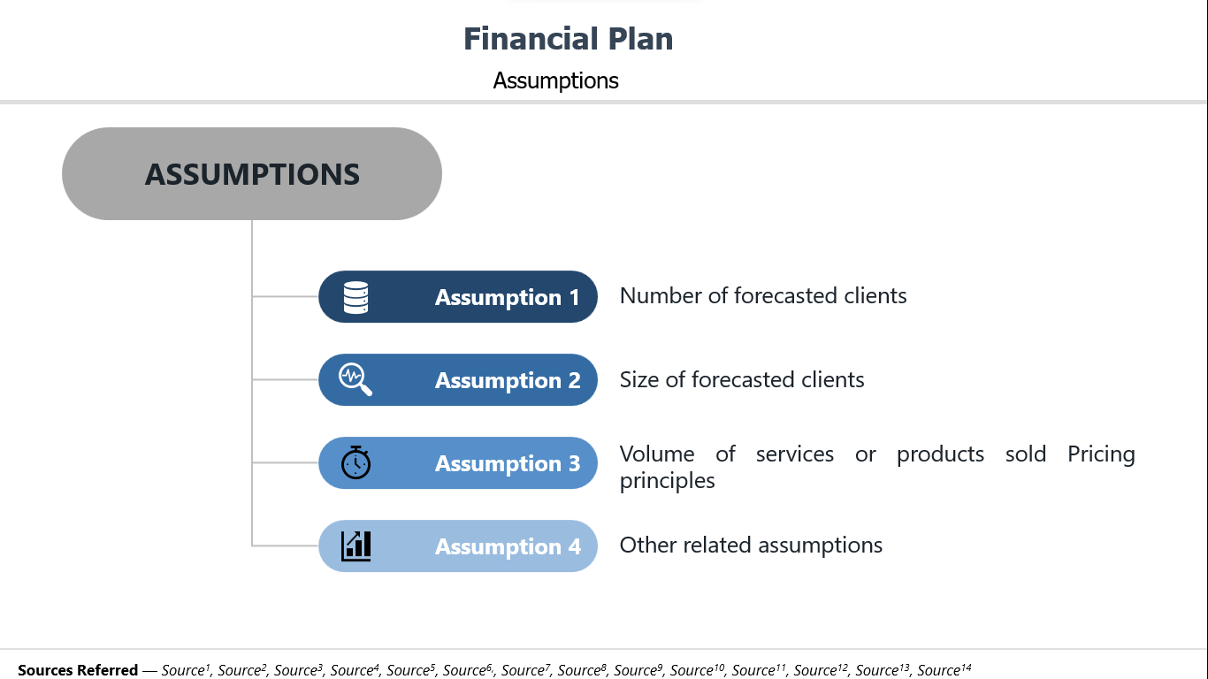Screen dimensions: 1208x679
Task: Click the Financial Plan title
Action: coord(569,39)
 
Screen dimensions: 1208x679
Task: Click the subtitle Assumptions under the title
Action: coord(555,81)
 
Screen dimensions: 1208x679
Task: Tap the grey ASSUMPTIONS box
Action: coord(252,173)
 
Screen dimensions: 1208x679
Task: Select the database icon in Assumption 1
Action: coord(356,297)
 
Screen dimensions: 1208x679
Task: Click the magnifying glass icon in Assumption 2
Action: coord(356,379)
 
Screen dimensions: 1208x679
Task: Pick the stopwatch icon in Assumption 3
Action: coord(356,462)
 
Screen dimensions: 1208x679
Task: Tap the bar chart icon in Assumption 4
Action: coord(356,545)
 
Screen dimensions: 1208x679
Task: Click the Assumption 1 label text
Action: coord(508,297)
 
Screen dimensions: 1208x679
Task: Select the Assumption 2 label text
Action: coord(508,380)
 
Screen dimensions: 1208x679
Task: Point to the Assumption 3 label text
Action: coord(508,463)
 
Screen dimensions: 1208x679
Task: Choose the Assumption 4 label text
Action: coord(508,546)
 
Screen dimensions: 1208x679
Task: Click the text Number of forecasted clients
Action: coord(763,295)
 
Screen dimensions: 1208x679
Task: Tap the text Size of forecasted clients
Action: coord(742,379)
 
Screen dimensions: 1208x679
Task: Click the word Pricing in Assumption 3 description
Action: coord(1101,454)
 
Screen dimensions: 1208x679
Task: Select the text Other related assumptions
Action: coord(751,545)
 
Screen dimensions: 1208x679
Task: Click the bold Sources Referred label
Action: coord(78,670)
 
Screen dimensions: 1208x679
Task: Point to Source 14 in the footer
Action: coord(944,670)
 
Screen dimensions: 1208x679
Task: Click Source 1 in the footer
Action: coord(186,670)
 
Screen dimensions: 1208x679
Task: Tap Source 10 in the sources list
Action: coord(697,670)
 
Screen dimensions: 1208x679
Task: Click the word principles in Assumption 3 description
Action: coord(667,481)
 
